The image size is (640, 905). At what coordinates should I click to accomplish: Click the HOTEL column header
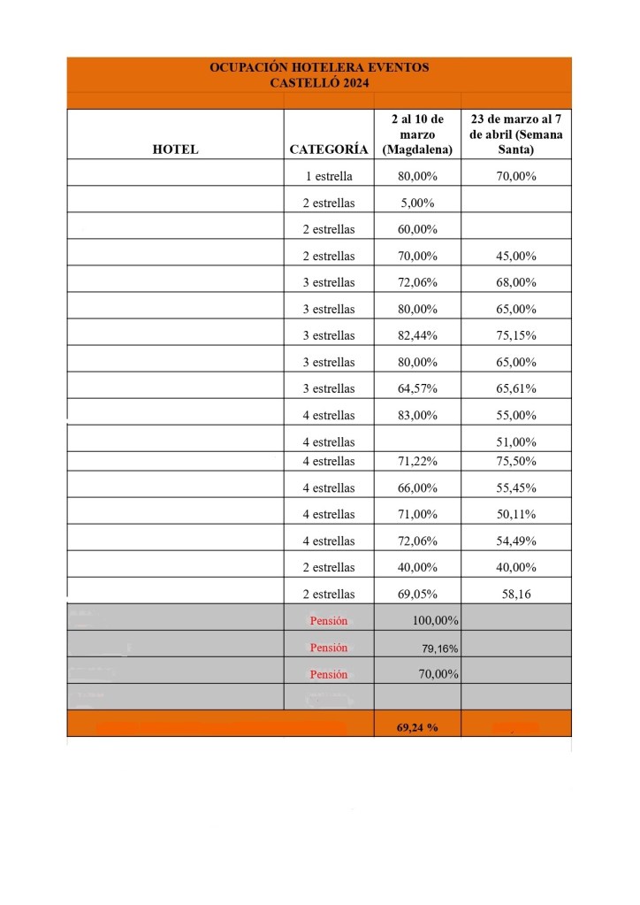pyautogui.click(x=175, y=150)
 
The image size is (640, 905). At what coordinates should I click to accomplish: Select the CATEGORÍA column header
pyautogui.click(x=329, y=150)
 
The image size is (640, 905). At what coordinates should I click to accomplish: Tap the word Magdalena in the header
pyautogui.click(x=417, y=150)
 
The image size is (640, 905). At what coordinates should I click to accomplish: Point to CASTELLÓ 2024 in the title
pyautogui.click(x=319, y=82)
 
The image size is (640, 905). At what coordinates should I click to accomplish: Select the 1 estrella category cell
pyautogui.click(x=329, y=176)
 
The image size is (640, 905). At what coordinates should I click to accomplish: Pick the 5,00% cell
pyautogui.click(x=417, y=203)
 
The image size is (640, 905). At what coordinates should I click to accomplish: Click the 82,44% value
pyautogui.click(x=417, y=335)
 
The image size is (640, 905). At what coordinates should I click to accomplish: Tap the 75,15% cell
pyautogui.click(x=516, y=335)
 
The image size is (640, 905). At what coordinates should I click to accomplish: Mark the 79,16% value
pyautogui.click(x=439, y=648)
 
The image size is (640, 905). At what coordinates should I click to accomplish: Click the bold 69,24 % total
pyautogui.click(x=417, y=727)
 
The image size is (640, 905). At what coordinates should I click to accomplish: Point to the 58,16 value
pyautogui.click(x=516, y=594)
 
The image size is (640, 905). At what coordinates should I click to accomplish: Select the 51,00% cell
pyautogui.click(x=516, y=441)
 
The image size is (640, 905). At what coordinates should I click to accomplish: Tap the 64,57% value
pyautogui.click(x=417, y=388)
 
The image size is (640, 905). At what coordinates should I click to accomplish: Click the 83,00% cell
pyautogui.click(x=417, y=415)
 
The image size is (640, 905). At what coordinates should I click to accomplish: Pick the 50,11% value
pyautogui.click(x=516, y=514)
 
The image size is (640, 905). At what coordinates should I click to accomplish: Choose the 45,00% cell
pyautogui.click(x=516, y=256)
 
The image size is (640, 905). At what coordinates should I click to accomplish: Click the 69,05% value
pyautogui.click(x=417, y=594)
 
